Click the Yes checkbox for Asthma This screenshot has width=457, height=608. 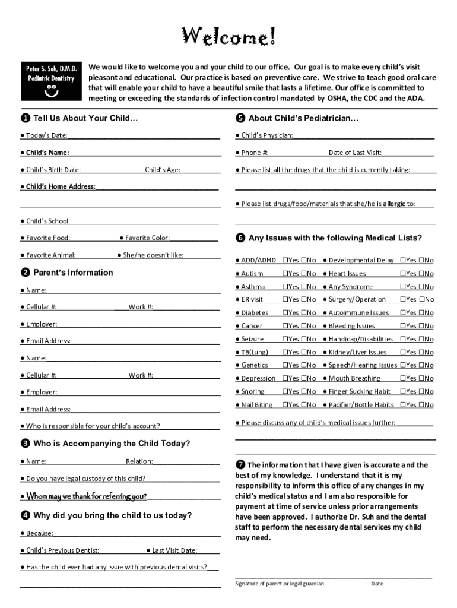pos(285,287)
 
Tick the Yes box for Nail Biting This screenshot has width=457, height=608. pos(285,405)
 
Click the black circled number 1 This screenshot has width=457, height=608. pos(26,118)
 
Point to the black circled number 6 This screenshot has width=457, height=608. pos(240,238)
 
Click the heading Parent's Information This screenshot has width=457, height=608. pos(72,273)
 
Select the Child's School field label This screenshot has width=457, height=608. pos(47,221)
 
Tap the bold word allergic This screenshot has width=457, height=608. pos(394,204)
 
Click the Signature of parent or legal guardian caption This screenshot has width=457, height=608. pos(280,584)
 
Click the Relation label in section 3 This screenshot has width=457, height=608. pos(139,461)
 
